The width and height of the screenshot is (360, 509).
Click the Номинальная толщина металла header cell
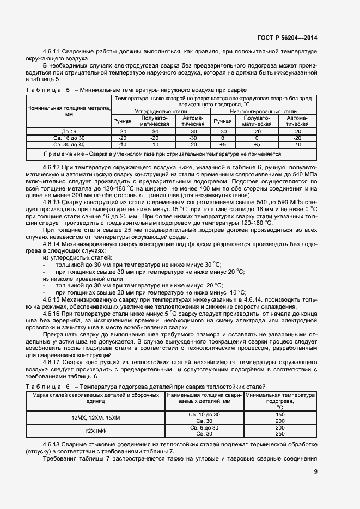(69, 112)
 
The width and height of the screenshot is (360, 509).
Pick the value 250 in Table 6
(280, 433)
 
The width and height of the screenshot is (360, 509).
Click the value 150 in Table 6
(280, 414)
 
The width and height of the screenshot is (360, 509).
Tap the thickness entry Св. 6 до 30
(204, 427)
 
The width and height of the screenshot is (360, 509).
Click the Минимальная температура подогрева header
(280, 400)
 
